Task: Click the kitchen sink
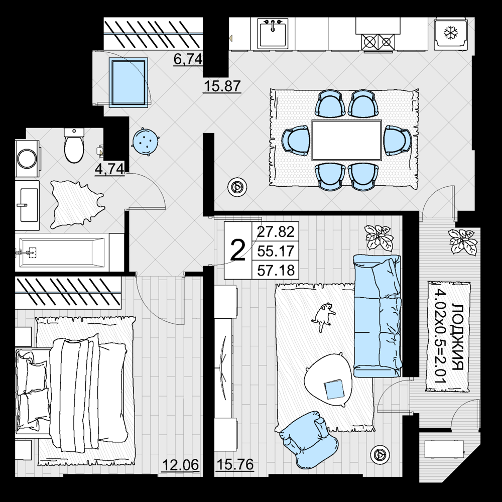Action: coord(273,33)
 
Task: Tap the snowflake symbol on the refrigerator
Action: coord(450,32)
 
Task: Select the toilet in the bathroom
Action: coord(74,146)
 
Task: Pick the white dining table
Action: coord(347,140)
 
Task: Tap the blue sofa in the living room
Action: coord(377,315)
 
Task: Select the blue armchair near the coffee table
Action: coord(309,439)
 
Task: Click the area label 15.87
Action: coord(222,86)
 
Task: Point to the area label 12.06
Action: coord(181,465)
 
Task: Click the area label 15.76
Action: coord(235,464)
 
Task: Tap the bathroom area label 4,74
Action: coord(109,169)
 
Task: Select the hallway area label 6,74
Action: coord(188,59)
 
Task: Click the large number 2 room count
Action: coord(238,250)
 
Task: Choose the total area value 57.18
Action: coord(276,270)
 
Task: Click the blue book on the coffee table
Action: coord(334,389)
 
